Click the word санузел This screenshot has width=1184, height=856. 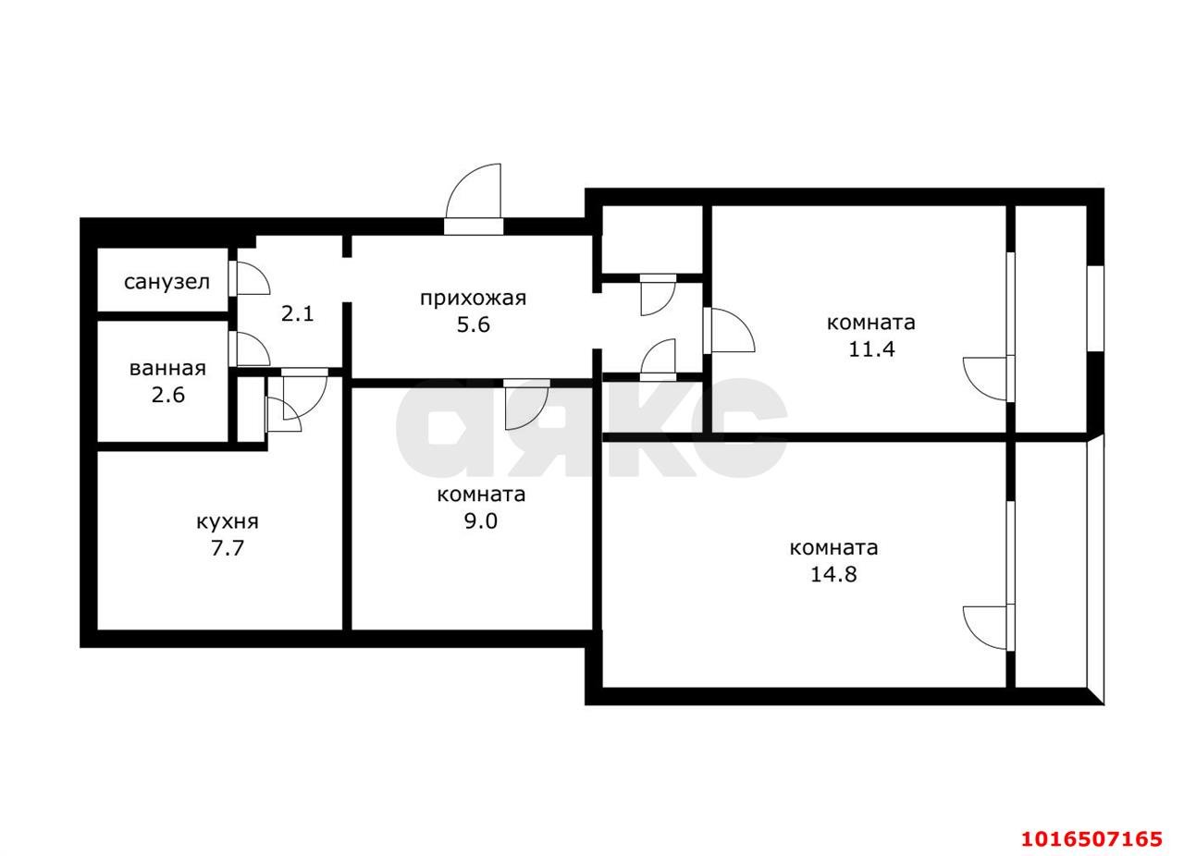click(x=166, y=282)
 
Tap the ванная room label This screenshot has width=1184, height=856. click(x=167, y=368)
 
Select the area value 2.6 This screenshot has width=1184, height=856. click(x=168, y=395)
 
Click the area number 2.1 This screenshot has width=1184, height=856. click(x=298, y=313)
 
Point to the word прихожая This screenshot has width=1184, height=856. click(x=473, y=298)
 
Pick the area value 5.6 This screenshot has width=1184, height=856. click(x=473, y=324)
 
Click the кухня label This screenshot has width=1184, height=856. click(x=228, y=521)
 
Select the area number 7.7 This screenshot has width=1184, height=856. click(x=228, y=548)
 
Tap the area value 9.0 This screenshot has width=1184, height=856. click(x=481, y=521)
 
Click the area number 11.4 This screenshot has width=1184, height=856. click(x=871, y=349)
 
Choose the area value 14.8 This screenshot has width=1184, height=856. click(x=833, y=574)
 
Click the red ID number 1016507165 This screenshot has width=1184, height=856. click(x=1091, y=838)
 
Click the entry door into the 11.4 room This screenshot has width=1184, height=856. click(x=729, y=331)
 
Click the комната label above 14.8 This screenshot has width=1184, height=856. click(x=833, y=547)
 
